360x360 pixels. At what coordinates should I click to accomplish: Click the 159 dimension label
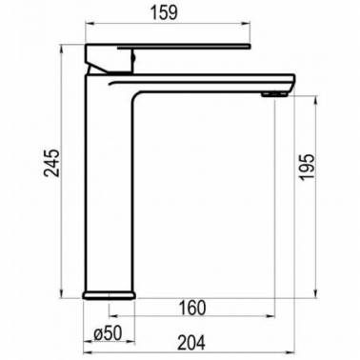(164, 12)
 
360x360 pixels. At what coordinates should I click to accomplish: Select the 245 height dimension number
(51, 162)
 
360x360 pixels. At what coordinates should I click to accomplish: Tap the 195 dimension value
(308, 168)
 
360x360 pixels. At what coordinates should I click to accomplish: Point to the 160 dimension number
(192, 308)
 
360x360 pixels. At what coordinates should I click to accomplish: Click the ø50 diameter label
(108, 333)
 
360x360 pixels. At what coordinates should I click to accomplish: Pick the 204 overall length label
(191, 343)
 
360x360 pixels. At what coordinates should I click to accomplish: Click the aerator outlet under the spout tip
(274, 93)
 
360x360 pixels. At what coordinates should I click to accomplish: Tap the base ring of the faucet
(110, 295)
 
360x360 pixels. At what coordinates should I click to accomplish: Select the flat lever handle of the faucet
(184, 47)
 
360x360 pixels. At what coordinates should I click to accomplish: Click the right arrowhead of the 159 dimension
(247, 23)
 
